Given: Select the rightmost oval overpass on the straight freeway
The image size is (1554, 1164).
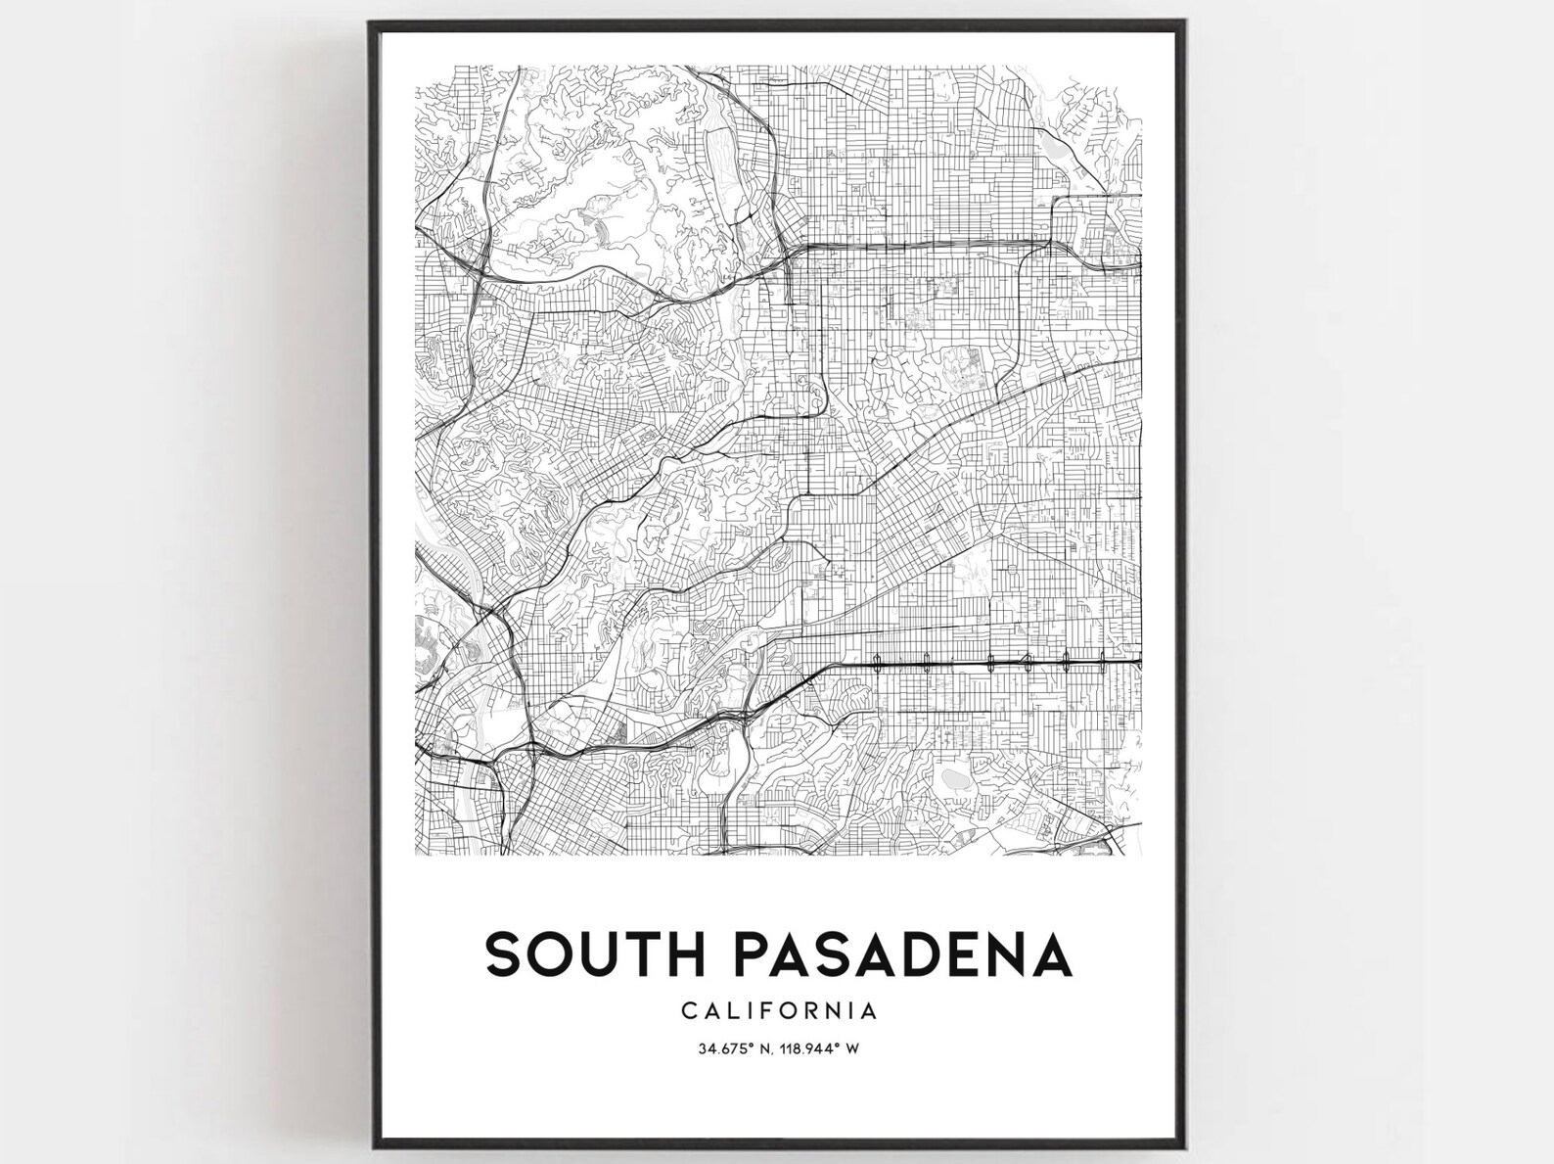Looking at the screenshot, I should tap(1104, 661).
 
